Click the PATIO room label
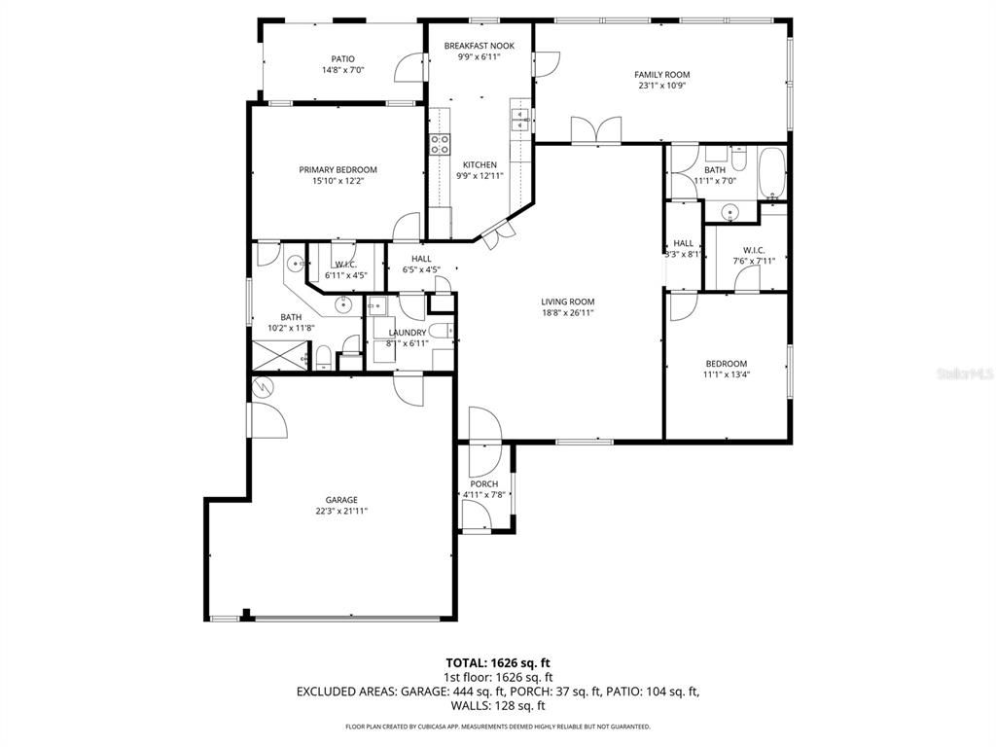[x=342, y=59]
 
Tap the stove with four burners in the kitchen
[x=440, y=145]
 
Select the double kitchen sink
[x=519, y=120]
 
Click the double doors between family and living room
[x=595, y=130]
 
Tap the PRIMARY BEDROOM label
[x=338, y=170]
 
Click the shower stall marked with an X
[x=275, y=358]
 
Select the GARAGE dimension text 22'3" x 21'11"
[x=341, y=511]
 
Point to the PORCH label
[x=483, y=484]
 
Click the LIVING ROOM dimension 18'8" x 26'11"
[x=567, y=313]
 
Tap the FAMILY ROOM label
[x=661, y=75]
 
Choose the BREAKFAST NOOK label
[x=479, y=46]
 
